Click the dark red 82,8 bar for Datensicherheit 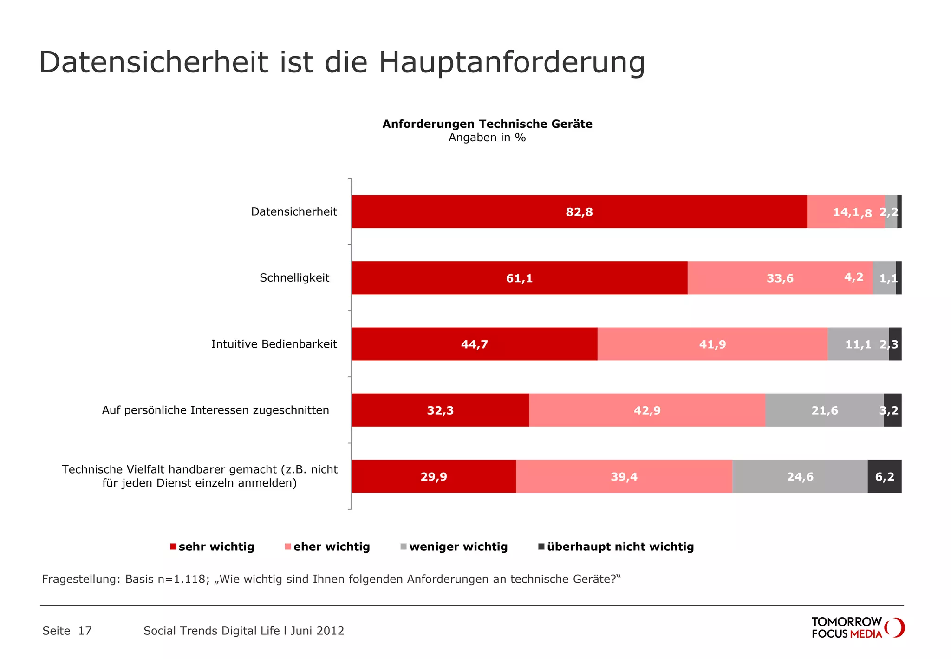579,212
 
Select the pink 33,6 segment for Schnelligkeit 780,278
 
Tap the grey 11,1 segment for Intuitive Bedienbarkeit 858,344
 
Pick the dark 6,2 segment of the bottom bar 884,476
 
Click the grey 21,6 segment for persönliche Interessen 824,410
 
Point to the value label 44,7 474,344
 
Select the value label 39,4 624,477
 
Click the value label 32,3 440,410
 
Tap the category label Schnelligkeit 294,278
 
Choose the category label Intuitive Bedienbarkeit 274,344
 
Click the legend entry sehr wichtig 216,547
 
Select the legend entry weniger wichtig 458,547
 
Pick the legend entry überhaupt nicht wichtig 620,547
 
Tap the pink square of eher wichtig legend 288,547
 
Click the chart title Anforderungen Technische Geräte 487,124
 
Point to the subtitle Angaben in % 487,138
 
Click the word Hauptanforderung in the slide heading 512,62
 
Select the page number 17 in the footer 85,631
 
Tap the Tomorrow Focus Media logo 857,627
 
